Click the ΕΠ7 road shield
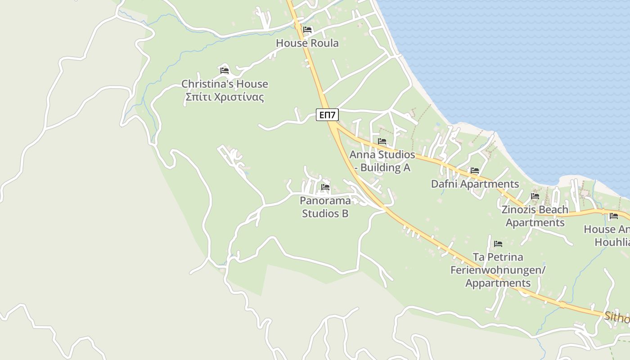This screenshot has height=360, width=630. [x=327, y=115]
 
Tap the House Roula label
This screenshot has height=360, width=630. [x=307, y=43]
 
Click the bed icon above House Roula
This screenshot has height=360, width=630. [x=307, y=30]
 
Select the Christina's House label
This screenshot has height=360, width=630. [x=225, y=84]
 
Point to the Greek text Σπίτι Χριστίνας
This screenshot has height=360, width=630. [x=225, y=97]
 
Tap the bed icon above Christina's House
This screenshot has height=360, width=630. [x=225, y=71]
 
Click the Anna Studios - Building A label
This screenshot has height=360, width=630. [x=382, y=161]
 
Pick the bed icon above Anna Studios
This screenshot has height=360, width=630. [x=382, y=141]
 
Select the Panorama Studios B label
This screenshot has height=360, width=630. [x=325, y=207]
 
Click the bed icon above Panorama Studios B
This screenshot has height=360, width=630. [x=325, y=187]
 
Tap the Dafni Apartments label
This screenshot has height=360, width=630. [x=475, y=184]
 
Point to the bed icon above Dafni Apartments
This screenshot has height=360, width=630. [x=475, y=171]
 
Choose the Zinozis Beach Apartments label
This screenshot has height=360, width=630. [x=535, y=216]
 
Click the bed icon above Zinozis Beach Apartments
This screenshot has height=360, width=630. [x=535, y=196]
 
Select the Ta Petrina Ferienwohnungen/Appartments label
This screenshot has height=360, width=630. [x=498, y=270]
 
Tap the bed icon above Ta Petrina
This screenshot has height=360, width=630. [x=498, y=244]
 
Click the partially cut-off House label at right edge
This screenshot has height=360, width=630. [x=607, y=235]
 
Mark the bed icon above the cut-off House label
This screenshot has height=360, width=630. [x=613, y=216]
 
